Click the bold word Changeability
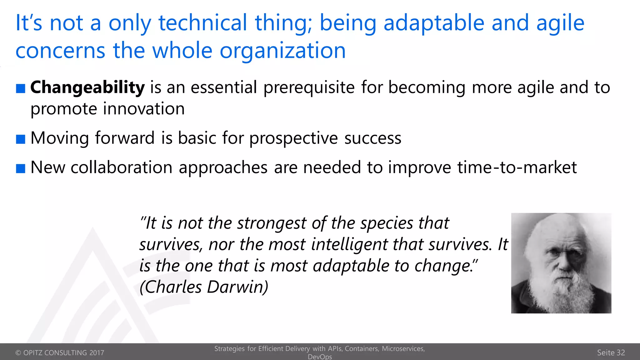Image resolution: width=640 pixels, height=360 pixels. [87, 87]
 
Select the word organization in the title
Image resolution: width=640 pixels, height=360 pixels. [282, 51]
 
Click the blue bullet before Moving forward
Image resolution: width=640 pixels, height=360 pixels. [21, 139]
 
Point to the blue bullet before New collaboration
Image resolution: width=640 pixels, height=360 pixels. [21, 168]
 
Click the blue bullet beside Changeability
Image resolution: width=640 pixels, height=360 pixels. [21, 88]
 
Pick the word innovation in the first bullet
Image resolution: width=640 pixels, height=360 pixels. [144, 109]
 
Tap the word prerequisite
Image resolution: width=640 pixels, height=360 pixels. [309, 87]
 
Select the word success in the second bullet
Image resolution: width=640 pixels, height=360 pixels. [372, 138]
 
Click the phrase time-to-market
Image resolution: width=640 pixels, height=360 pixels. [517, 167]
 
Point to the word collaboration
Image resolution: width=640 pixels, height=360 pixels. [122, 167]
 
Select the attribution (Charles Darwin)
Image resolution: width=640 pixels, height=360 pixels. [204, 287]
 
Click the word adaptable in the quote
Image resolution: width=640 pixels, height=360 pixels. [351, 266]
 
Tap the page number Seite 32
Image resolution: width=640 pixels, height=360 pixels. [611, 352]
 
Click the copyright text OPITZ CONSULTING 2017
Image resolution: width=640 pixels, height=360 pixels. [60, 353]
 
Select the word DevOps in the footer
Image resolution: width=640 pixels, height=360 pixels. [320, 357]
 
